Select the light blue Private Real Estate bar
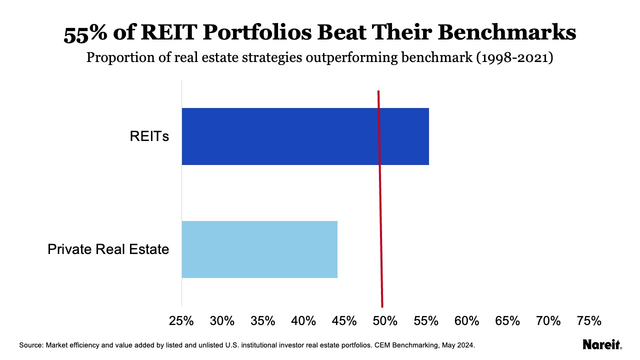[259, 249]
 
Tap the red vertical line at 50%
[380, 200]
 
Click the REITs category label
[149, 136]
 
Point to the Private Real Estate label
[108, 249]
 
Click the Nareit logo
[602, 344]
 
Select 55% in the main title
[86, 33]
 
